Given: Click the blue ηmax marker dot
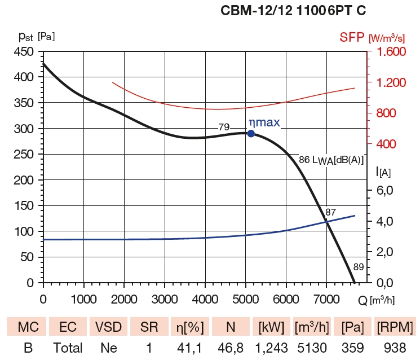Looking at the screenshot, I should (251, 134).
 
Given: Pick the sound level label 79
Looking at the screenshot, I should (224, 127).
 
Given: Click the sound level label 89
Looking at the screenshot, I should (359, 267).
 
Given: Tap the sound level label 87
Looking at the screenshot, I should (331, 213).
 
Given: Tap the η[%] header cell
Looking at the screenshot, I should (189, 327).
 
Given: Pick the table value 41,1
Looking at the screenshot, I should (189, 348).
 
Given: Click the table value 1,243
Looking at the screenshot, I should (271, 348).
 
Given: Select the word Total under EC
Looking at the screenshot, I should (68, 348).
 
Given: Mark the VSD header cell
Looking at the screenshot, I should (108, 327).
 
